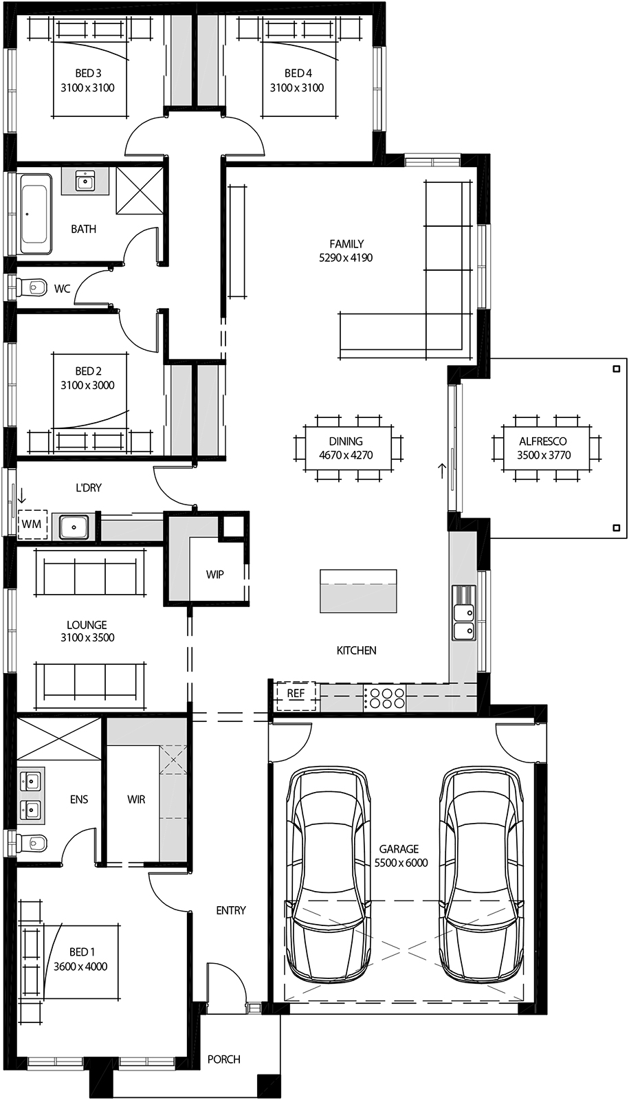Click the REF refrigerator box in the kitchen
coord(296,696)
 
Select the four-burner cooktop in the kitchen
coord(384,698)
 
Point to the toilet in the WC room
coord(31,287)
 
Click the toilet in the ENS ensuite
coord(32,842)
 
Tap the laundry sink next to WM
coord(73,527)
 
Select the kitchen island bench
coord(358,591)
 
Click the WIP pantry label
coord(215,574)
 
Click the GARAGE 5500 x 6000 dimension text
coord(401,863)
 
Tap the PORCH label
coord(224,1059)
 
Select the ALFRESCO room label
coord(543,441)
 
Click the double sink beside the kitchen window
coord(464,612)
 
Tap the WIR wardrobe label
coord(136,800)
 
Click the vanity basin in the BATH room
coord(85,181)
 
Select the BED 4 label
coord(298,73)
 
